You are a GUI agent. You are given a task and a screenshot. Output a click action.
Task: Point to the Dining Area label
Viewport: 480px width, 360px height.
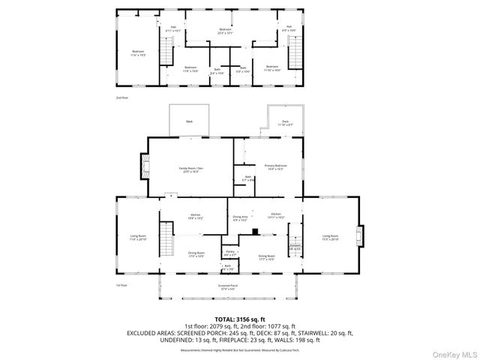click(x=240, y=220)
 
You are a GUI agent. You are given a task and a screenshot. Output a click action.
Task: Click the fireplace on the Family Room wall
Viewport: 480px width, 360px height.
click(x=144, y=165)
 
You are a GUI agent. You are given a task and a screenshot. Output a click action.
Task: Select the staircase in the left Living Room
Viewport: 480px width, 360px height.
click(x=166, y=240)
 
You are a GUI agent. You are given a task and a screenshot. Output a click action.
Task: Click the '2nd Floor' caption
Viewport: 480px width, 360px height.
click(x=121, y=98)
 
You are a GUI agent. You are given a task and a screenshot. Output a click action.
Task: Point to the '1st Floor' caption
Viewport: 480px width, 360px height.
click(x=121, y=286)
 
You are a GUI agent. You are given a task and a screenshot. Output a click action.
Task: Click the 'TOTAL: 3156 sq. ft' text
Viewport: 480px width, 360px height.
click(x=239, y=318)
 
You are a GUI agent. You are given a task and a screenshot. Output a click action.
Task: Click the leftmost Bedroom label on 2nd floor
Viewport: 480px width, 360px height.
click(x=137, y=53)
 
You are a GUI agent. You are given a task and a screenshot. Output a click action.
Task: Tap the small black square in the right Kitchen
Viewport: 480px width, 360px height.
click(x=256, y=232)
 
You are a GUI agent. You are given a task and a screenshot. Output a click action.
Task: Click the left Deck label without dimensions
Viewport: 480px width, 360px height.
click(x=189, y=121)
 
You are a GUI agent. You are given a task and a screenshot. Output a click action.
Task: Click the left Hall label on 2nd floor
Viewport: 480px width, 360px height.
click(x=172, y=28)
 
